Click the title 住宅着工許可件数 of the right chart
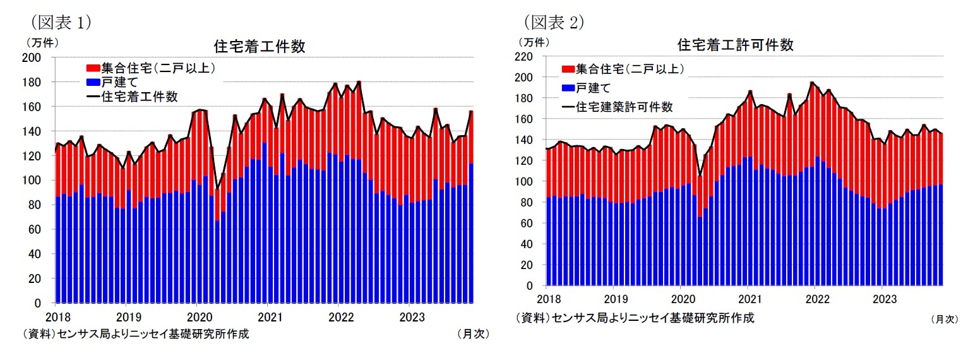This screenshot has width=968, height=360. click(735, 45)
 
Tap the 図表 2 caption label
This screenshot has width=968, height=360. click(553, 21)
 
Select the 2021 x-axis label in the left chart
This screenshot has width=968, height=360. click(270, 316)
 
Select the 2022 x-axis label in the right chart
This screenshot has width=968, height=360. click(815, 299)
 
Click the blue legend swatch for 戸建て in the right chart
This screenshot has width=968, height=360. click(568, 88)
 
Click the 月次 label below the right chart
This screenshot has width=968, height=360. click(945, 320)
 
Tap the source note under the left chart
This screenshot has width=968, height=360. click(135, 334)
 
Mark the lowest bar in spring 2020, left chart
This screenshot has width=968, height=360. click(217, 246)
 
